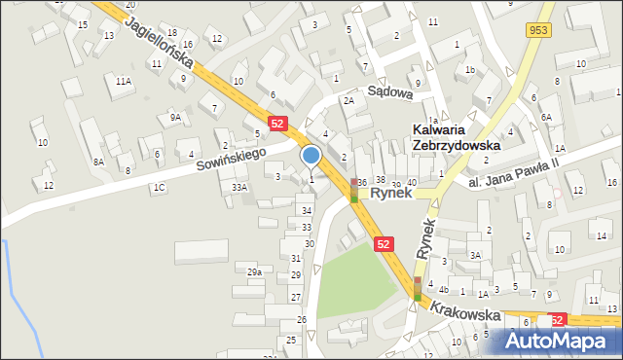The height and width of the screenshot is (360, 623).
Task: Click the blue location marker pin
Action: coord(311,156)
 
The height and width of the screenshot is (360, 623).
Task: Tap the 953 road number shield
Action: coord(536,30)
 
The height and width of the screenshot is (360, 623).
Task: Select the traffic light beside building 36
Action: coord(353,191)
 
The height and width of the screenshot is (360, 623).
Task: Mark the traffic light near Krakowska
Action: coord(418,288)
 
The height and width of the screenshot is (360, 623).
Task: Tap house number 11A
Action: coord(123,82)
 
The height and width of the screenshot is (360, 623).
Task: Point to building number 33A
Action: coord(239,187)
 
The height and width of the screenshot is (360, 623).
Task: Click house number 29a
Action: coord(254,272)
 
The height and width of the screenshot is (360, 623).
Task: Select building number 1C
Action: coord(158,186)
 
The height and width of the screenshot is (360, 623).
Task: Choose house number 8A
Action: coord(98,162)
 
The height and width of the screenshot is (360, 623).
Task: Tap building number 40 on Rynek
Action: coord(412,182)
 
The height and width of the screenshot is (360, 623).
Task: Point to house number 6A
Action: coord(547,117)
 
